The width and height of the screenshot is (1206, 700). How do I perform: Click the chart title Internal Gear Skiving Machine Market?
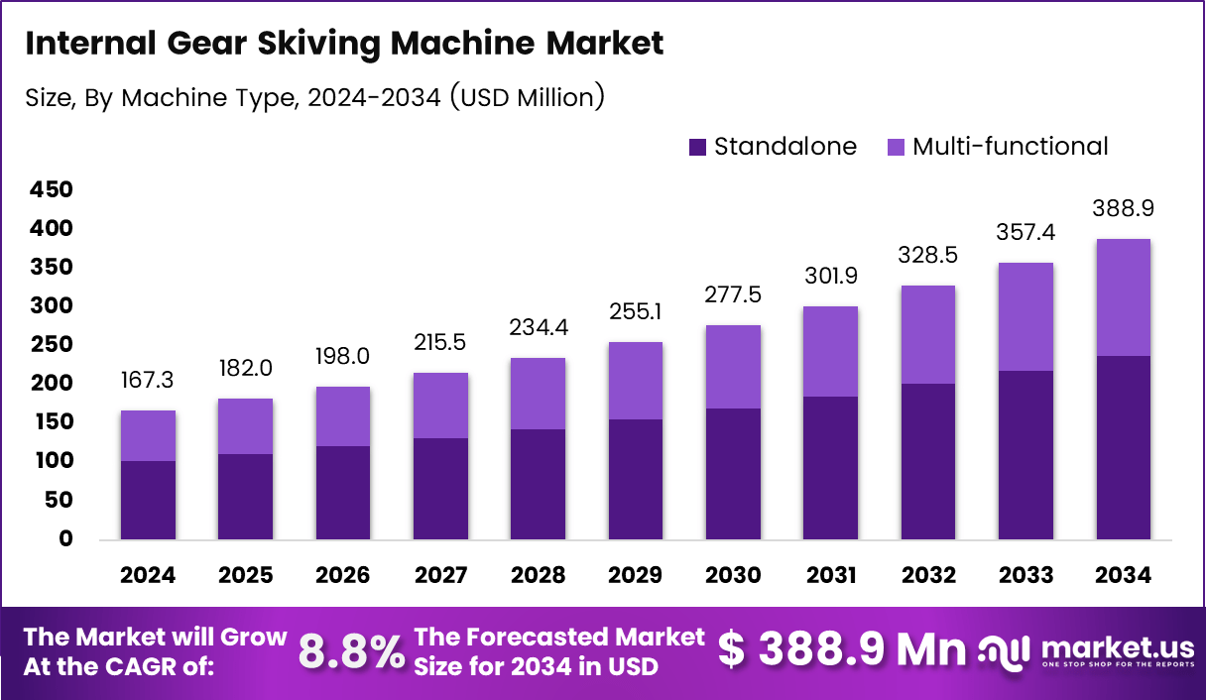click(344, 45)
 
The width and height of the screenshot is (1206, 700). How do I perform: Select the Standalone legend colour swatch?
click(697, 147)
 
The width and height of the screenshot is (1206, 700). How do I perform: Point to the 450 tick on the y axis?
click(51, 189)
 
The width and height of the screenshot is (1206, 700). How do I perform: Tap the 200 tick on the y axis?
click(51, 384)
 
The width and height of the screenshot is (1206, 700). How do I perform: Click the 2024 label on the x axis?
click(148, 576)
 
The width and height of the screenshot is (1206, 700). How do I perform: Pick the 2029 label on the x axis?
click(636, 576)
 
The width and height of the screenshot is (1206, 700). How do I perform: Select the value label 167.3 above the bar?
click(148, 381)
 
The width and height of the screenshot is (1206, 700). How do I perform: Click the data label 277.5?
click(733, 295)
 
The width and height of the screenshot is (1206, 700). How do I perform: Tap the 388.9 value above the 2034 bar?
click(1124, 209)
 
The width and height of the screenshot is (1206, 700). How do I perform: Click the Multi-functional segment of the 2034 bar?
click(1124, 297)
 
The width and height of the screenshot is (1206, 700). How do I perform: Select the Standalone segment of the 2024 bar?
click(148, 500)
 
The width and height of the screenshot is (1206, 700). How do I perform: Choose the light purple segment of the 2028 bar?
click(539, 394)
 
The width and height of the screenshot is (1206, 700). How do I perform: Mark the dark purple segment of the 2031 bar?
click(831, 468)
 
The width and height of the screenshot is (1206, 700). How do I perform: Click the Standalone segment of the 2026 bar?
click(343, 493)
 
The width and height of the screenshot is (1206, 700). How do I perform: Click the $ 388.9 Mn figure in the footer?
click(841, 649)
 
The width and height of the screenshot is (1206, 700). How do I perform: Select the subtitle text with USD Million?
click(314, 97)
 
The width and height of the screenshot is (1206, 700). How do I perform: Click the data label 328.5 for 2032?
click(928, 256)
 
